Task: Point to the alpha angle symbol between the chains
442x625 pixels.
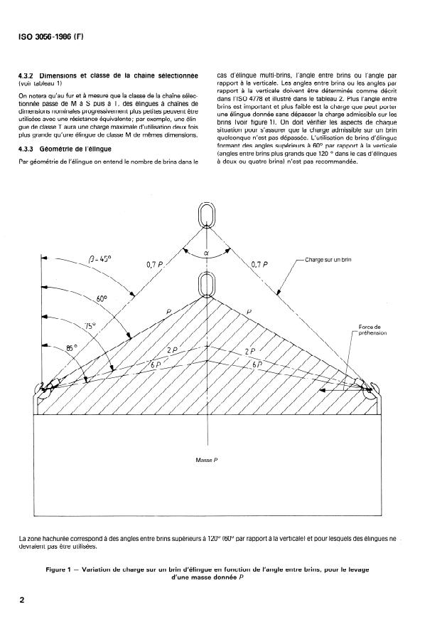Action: click(206, 251)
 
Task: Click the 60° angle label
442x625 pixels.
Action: click(101, 300)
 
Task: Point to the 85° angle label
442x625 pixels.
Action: click(68, 350)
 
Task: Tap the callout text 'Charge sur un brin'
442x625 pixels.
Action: click(328, 261)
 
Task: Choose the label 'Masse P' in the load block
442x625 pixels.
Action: click(206, 460)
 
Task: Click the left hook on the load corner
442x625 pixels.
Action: click(44, 389)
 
